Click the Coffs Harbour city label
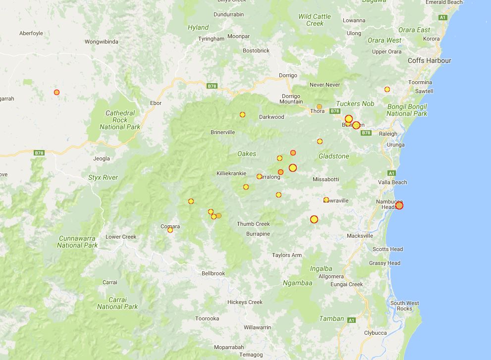[429, 60]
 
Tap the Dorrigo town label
[288, 75]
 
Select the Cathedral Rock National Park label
[120, 120]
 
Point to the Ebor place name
[156, 103]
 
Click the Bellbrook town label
[213, 273]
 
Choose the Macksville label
[360, 236]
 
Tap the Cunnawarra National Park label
[77, 242]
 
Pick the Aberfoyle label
[31, 33]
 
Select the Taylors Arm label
[287, 255]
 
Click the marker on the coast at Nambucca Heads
[399, 206]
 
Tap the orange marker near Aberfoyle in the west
[57, 92]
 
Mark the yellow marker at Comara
[170, 230]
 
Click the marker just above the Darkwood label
[242, 115]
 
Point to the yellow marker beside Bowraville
[326, 200]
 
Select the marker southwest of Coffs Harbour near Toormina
[387, 90]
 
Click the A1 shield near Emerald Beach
[442, 18]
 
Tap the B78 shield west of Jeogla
[39, 153]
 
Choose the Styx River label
[103, 177]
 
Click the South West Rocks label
[404, 306]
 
